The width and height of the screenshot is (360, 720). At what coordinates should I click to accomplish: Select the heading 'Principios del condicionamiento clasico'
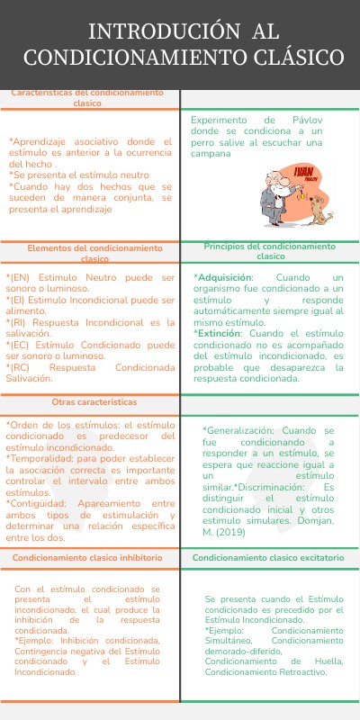tap(269, 250)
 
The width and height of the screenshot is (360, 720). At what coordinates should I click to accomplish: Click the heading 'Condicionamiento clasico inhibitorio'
tap(88, 558)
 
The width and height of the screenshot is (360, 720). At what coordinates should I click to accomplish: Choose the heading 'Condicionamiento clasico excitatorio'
tap(268, 558)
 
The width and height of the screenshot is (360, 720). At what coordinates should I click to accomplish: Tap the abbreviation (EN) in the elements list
tap(19, 278)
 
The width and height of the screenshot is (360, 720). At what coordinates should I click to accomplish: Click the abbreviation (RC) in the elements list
tap(19, 368)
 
